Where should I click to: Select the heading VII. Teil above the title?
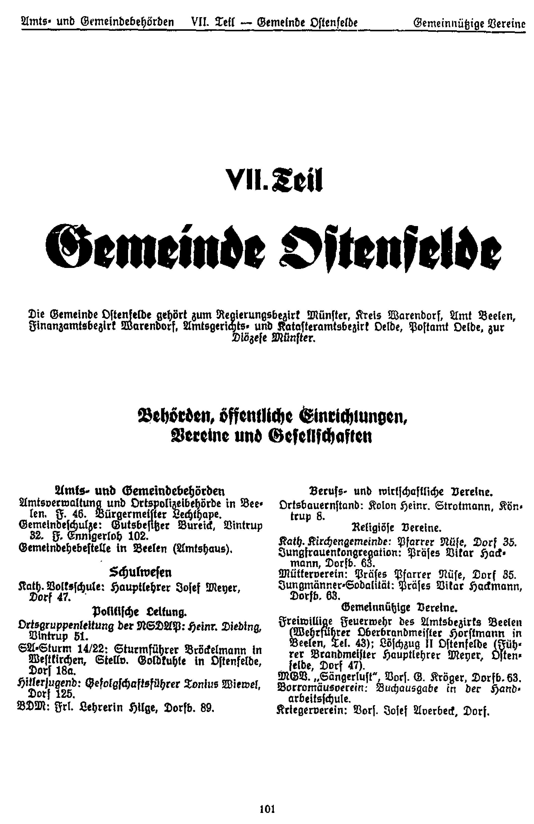coord(273,179)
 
